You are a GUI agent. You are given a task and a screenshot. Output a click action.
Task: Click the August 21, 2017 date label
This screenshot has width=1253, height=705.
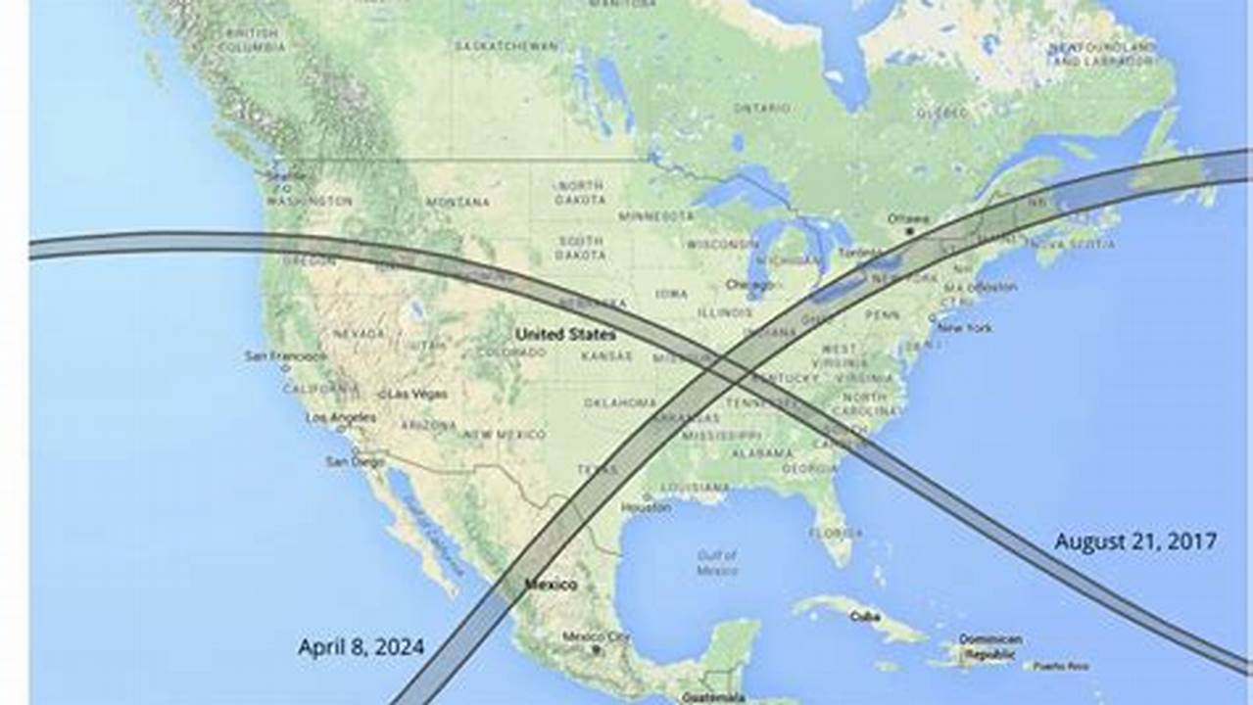[1135, 540]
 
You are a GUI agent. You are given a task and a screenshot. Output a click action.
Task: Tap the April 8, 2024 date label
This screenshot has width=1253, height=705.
[361, 646]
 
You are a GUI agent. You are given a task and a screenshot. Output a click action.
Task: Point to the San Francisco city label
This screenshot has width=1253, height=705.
[286, 355]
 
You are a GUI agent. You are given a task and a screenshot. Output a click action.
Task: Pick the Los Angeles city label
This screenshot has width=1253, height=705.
[340, 418]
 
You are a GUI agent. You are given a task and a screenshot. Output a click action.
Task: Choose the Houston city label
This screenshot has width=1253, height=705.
[646, 507]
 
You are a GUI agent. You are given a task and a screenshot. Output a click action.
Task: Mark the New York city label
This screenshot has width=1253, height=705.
[966, 327]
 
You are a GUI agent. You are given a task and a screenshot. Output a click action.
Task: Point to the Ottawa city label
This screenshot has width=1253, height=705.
[908, 218]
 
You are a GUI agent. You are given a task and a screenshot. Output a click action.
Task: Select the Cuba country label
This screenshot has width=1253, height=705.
[861, 615]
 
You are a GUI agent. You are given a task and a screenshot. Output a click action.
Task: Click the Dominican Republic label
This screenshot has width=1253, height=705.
[989, 645]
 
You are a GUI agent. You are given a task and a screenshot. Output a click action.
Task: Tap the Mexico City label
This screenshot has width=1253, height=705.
[596, 636]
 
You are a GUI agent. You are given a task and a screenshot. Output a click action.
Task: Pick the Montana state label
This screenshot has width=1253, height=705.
[458, 202]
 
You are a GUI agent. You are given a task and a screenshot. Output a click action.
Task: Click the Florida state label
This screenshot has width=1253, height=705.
[836, 534]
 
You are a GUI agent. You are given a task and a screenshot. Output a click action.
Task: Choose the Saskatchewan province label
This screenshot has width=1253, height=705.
[506, 45]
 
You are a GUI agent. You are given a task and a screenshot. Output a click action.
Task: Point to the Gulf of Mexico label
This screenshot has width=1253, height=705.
[718, 562]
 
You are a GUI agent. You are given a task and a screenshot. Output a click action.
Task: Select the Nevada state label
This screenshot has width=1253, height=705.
[359, 334]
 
